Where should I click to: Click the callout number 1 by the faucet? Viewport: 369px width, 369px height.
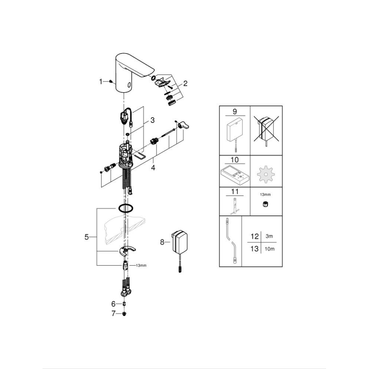(x=101, y=81)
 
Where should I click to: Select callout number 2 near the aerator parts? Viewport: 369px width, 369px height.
(x=185, y=83)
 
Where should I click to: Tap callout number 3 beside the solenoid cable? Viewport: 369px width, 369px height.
(x=152, y=121)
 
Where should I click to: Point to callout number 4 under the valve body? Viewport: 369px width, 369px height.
(x=153, y=167)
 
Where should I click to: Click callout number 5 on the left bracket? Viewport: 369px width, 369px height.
(x=87, y=237)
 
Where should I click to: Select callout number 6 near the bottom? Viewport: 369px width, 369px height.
(x=113, y=304)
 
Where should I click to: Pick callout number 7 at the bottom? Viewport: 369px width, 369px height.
(x=113, y=314)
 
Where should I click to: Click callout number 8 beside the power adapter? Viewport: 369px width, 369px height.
(x=162, y=242)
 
